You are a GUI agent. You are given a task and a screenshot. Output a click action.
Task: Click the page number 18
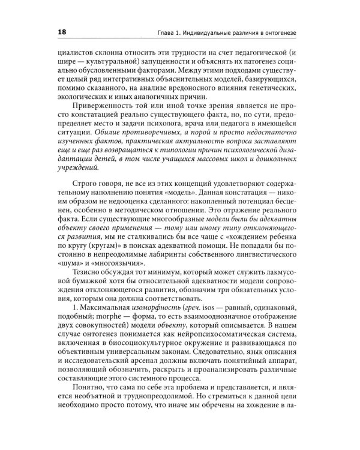(60, 32)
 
